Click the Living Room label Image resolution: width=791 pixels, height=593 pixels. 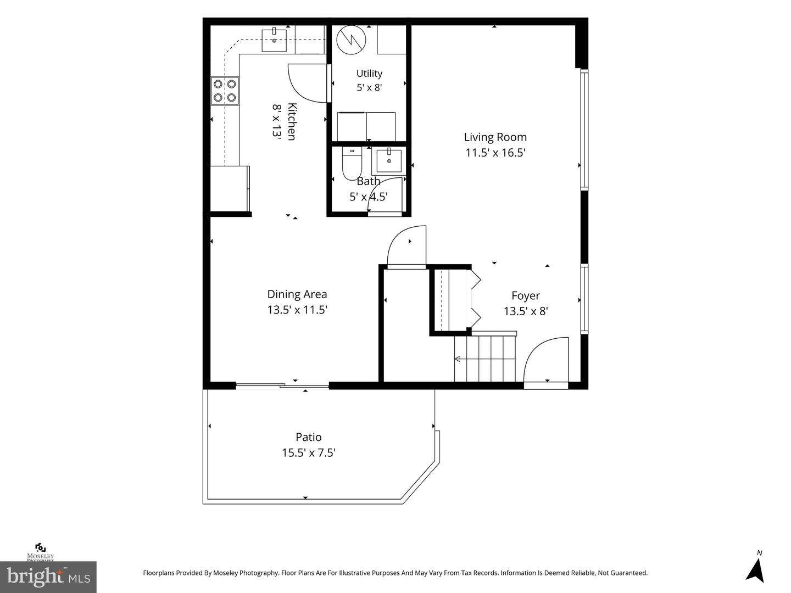point(495,137)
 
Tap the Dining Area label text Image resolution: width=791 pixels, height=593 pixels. point(297,294)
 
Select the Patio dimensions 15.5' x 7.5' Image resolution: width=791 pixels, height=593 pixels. point(309,452)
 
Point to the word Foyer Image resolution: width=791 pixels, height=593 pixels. point(526,296)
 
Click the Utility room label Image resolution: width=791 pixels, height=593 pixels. point(369,74)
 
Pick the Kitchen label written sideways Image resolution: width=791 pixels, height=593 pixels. point(292,122)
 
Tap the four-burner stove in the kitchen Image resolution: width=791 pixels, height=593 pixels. point(225,91)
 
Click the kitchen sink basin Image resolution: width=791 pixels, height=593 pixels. point(274,41)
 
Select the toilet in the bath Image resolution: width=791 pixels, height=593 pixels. point(352,164)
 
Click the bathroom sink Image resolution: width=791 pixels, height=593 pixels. point(389,160)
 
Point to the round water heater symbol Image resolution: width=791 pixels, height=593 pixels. point(352,40)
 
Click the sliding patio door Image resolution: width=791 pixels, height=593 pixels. point(282,386)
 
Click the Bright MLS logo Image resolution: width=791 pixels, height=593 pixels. point(48,577)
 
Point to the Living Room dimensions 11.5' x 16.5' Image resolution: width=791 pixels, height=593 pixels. point(495,153)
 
